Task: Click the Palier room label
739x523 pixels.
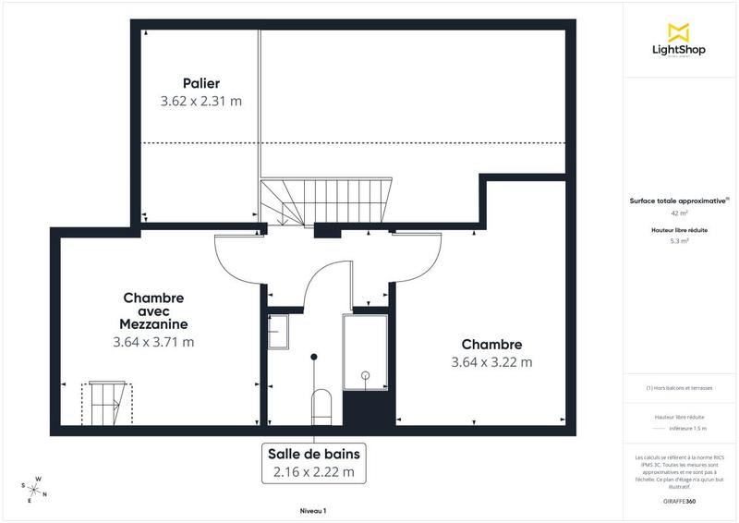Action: point(200,83)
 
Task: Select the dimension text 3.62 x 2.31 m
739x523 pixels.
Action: point(200,101)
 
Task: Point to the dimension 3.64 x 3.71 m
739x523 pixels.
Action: point(153,342)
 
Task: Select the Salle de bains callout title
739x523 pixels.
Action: point(313,454)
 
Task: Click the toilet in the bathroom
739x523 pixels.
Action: point(321,405)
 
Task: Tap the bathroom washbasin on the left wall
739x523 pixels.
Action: point(277,331)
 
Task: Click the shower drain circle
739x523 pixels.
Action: point(366,375)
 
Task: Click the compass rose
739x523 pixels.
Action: point(35,488)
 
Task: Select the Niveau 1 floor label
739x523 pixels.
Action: point(313,511)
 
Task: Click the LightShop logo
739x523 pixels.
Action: point(679,42)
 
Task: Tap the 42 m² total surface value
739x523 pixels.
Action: point(679,213)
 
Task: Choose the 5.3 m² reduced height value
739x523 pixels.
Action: point(679,240)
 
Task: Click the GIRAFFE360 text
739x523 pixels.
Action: point(679,501)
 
